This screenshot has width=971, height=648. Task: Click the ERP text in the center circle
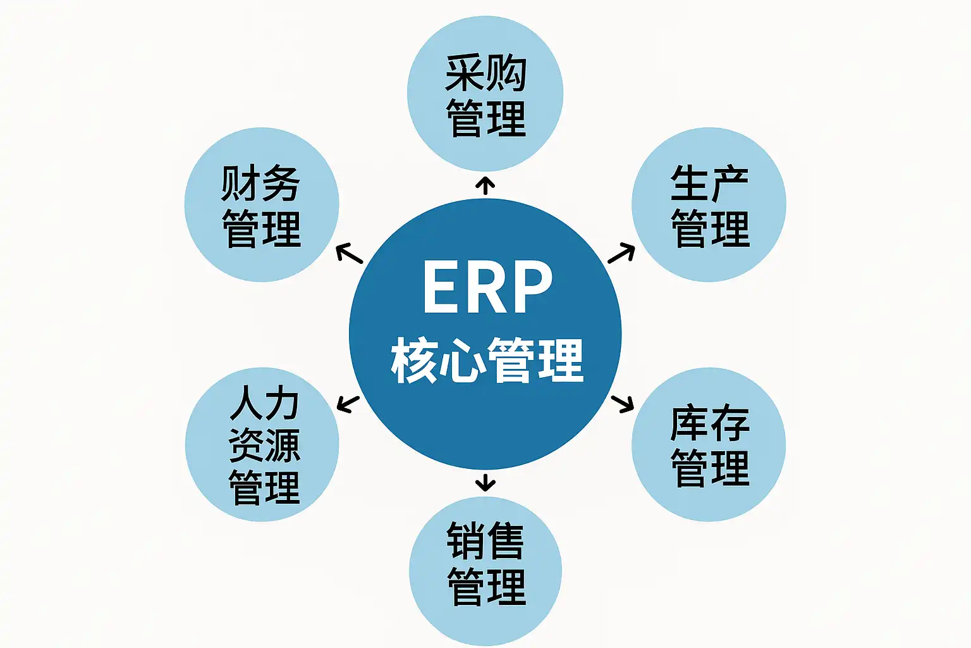487,287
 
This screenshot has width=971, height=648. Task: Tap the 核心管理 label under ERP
487,360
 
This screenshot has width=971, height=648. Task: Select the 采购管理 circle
485,94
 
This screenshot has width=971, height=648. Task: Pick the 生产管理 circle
709,204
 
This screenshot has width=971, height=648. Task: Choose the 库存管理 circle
709,444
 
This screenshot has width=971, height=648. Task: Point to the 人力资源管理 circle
262,444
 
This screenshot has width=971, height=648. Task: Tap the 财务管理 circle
262,204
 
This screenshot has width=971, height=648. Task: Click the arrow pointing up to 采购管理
485,185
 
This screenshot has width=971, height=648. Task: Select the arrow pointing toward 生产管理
621,252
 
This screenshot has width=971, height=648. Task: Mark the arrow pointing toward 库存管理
623,402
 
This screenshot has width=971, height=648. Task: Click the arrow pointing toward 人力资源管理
348,403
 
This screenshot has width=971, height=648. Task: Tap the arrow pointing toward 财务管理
349,254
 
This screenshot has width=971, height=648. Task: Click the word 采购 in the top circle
485,73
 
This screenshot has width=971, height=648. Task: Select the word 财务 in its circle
260,184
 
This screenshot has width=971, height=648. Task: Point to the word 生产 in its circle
709,184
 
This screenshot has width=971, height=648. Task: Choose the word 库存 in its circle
709,423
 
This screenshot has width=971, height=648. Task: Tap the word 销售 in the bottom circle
485,541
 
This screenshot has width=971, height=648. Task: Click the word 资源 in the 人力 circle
264,445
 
